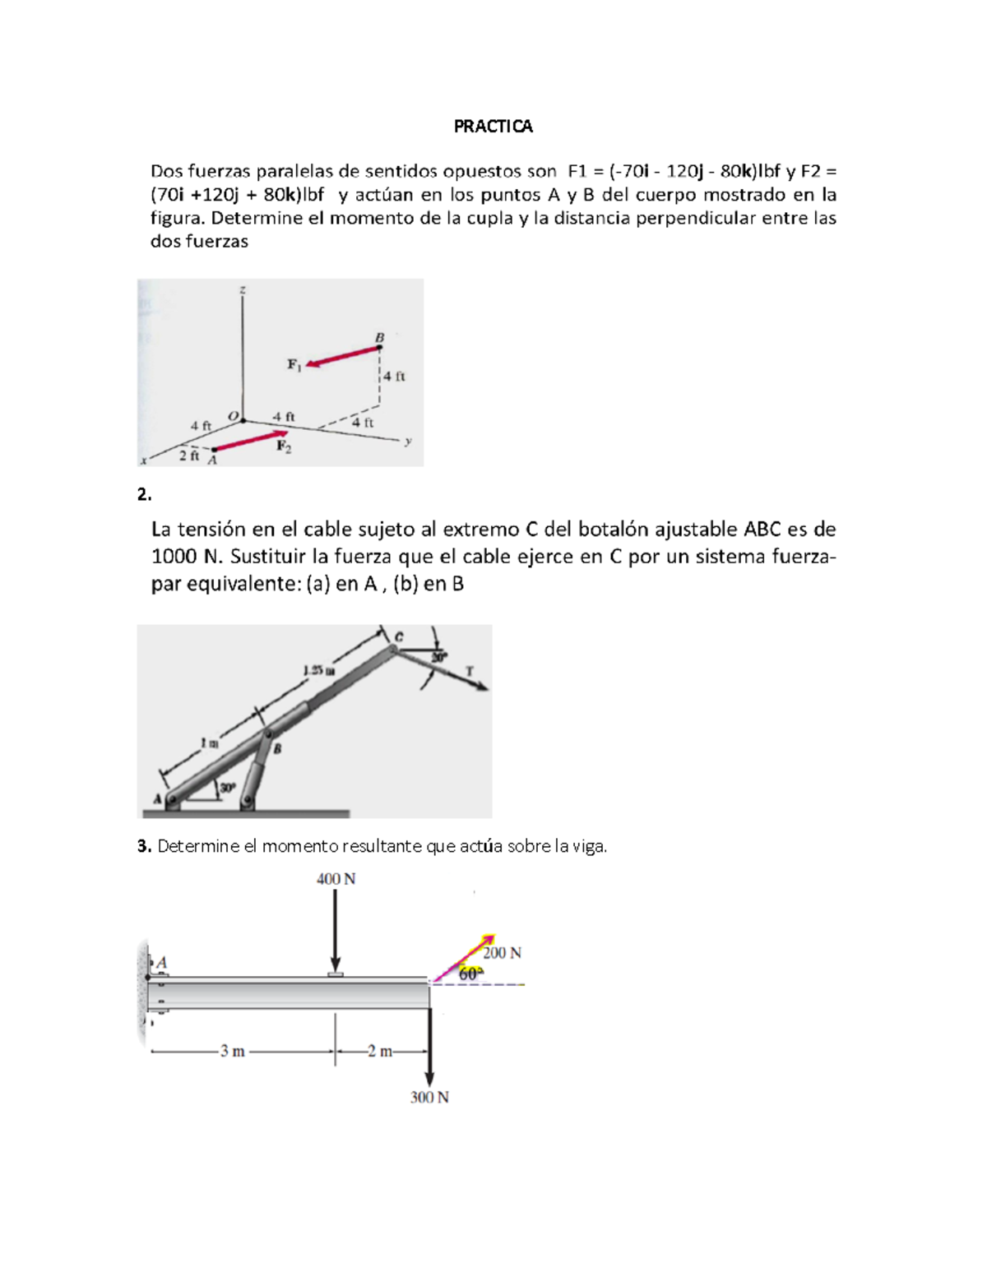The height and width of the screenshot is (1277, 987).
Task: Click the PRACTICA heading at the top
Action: [493, 126]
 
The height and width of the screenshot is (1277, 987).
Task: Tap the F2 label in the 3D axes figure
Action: [283, 446]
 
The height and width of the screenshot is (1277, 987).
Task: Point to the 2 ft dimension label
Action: [189, 456]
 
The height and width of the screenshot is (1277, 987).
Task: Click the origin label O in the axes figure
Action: [233, 417]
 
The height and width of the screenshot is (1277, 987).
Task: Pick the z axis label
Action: [242, 289]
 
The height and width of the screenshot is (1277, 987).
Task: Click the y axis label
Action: [408, 442]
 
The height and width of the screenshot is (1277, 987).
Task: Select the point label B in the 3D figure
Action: [379, 337]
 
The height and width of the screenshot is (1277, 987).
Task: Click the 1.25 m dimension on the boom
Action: [318, 670]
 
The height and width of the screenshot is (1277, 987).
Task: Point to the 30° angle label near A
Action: [225, 787]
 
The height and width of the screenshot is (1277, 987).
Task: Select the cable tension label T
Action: [470, 671]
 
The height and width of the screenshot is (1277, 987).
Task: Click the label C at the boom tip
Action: [399, 636]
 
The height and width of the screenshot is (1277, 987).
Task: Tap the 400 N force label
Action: [336, 879]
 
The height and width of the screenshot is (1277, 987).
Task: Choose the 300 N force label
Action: [429, 1097]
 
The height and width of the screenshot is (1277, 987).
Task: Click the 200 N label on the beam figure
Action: [502, 953]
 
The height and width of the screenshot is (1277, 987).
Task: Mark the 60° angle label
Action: [470, 974]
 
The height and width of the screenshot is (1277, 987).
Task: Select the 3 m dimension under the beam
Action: [232, 1051]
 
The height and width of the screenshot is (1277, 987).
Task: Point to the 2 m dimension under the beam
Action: [379, 1051]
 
